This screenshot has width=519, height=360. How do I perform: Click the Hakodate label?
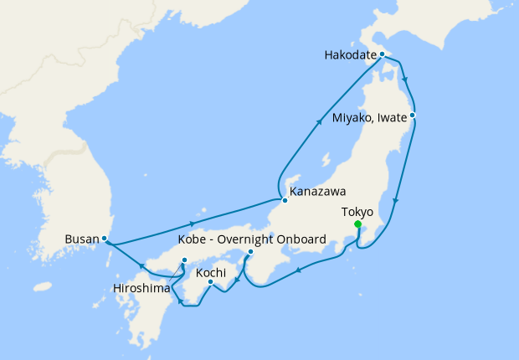[x=350, y=57]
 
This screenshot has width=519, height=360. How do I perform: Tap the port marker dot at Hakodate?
[x=382, y=54]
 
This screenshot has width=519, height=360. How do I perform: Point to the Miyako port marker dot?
[x=413, y=116]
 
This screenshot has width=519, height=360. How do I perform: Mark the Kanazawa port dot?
[x=285, y=201]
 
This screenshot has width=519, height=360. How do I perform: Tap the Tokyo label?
[x=357, y=212]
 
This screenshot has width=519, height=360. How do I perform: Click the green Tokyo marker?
[x=358, y=224]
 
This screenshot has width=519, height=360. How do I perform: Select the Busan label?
[x=81, y=239]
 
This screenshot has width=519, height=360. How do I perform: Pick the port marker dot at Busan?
[x=105, y=239]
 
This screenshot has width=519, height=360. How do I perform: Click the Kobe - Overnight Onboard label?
[x=251, y=239]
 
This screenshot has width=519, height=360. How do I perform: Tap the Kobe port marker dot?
[x=250, y=251]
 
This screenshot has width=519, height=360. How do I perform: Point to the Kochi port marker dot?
[x=210, y=281]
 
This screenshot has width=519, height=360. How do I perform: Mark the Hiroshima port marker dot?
[x=184, y=260]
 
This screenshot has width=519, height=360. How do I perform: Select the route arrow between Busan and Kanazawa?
[x=194, y=224]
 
